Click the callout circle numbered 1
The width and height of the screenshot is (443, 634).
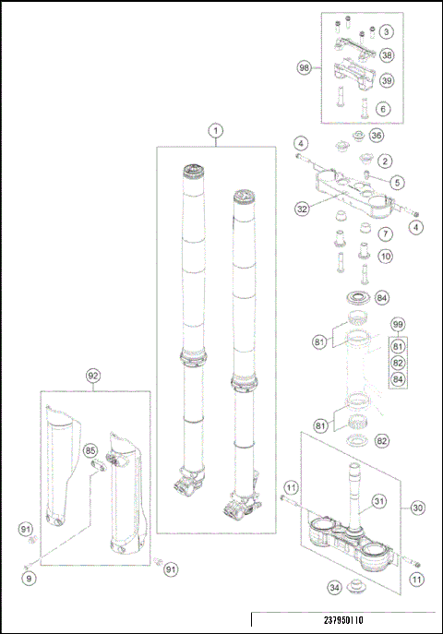pos(216,131)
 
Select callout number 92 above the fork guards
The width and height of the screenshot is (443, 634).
pos(93,376)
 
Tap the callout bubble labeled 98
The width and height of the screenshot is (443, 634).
pos(304,67)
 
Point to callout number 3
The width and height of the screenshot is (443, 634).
pos(387,31)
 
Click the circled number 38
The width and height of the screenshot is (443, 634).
pos(387,55)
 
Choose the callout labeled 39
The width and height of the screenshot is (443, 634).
pos(387,80)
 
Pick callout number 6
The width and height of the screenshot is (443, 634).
pos(383,108)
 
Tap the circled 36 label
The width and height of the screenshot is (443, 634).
pos(377,135)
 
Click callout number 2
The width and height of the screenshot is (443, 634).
pos(385,161)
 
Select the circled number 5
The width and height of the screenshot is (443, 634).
pos(397,183)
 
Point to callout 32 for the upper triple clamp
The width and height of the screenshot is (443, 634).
pos(302,209)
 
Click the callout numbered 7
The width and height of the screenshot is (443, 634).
pos(386,233)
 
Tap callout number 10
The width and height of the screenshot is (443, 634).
pos(386,256)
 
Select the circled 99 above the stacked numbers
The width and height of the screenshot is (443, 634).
pos(398,324)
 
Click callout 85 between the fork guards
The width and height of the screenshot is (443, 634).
pos(90,450)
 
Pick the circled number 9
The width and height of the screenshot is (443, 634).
pos(29,579)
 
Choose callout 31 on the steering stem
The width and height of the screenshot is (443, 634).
pos(378,501)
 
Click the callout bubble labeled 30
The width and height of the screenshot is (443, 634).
pos(417,508)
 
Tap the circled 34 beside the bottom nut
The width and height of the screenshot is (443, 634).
pos(334,587)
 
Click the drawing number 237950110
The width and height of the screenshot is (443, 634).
pos(343,620)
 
